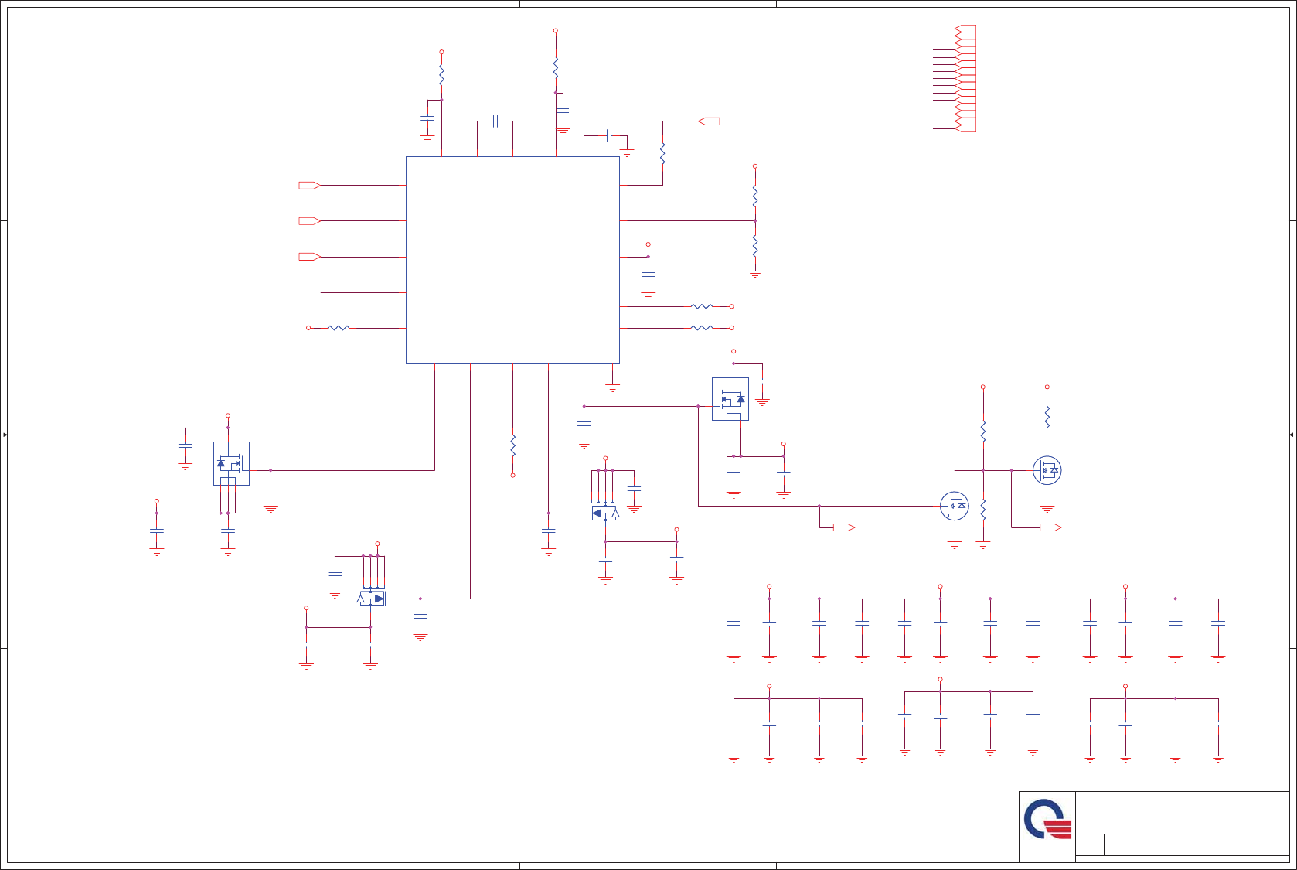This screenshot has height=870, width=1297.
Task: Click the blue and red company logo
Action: click(1047, 819)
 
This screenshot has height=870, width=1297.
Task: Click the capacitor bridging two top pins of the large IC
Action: click(495, 121)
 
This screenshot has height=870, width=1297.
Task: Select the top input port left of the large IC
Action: click(309, 186)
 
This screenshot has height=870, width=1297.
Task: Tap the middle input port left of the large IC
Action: click(309, 221)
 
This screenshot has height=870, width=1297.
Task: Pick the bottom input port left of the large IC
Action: click(309, 257)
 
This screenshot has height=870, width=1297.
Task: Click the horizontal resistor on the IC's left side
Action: click(339, 328)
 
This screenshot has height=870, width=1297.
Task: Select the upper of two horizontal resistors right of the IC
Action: click(701, 306)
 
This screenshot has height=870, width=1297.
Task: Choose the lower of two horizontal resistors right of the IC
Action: click(701, 328)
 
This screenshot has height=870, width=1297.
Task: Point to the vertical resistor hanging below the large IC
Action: click(512, 444)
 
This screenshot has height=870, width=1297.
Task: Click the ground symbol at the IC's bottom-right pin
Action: click(612, 387)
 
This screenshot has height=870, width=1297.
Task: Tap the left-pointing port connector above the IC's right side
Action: click(710, 121)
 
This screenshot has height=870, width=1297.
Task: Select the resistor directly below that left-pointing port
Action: click(662, 153)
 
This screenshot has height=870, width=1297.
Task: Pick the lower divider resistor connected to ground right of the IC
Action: click(755, 246)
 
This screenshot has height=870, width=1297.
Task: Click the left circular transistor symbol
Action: click(955, 506)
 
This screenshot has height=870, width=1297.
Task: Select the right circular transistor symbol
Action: click(1047, 470)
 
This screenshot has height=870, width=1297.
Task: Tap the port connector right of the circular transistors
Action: click(1050, 527)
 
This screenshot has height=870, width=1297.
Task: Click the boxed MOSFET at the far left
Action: click(231, 463)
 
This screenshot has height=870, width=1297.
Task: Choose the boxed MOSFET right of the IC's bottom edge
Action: click(730, 399)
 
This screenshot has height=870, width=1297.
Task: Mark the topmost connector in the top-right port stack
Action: click(965, 29)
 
